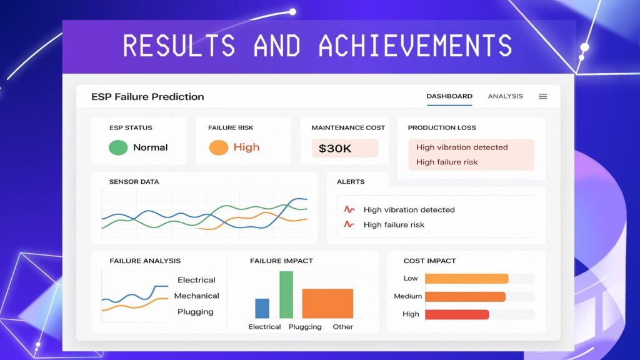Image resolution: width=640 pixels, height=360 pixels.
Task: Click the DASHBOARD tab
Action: pyautogui.click(x=449, y=96)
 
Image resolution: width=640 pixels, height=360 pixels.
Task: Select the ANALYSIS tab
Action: pyautogui.click(x=505, y=96)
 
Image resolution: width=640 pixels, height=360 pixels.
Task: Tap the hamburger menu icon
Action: pyautogui.click(x=543, y=96)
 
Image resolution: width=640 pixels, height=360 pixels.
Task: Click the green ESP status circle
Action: pyautogui.click(x=118, y=147)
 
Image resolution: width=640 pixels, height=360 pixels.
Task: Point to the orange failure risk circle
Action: pyautogui.click(x=218, y=147)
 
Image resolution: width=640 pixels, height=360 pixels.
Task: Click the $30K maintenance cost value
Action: pyautogui.click(x=335, y=149)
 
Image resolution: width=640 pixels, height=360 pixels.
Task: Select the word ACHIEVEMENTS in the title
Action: pyautogui.click(x=415, y=45)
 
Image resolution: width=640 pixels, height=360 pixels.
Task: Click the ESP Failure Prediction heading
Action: pyautogui.click(x=147, y=97)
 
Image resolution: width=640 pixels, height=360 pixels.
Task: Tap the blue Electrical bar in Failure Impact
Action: pyautogui.click(x=262, y=308)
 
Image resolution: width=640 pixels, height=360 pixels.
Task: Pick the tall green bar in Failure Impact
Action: pyautogui.click(x=286, y=295)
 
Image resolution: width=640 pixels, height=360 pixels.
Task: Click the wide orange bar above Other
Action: pyautogui.click(x=327, y=303)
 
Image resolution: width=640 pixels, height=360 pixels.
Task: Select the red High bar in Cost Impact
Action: pyautogui.click(x=457, y=314)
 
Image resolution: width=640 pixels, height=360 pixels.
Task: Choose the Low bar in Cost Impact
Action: pyautogui.click(x=467, y=279)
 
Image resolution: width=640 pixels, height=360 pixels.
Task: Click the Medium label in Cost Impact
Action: pyautogui.click(x=407, y=296)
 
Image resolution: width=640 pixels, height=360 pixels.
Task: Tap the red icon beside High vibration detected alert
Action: pyautogui.click(x=349, y=209)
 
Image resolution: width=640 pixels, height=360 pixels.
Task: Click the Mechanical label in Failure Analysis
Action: pyautogui.click(x=197, y=296)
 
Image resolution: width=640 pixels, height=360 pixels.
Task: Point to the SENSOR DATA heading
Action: pyautogui.click(x=134, y=182)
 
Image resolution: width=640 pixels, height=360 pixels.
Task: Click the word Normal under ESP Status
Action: pyautogui.click(x=150, y=147)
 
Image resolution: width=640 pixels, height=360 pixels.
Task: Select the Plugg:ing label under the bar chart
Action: pyautogui.click(x=305, y=327)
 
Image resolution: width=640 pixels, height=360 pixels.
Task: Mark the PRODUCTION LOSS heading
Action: pyautogui.click(x=442, y=127)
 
